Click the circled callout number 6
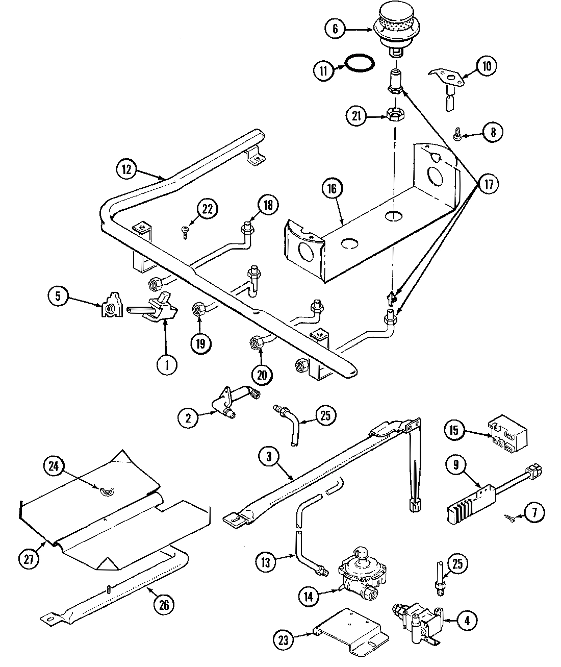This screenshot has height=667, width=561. click(x=335, y=29)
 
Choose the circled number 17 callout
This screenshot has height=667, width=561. click(x=489, y=184)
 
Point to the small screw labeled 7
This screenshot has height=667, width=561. click(x=511, y=518)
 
